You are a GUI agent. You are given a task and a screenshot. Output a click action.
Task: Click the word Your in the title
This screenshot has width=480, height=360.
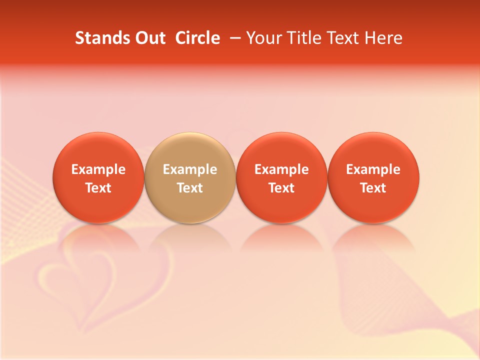263,38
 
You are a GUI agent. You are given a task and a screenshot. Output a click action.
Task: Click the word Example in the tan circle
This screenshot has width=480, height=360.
190,169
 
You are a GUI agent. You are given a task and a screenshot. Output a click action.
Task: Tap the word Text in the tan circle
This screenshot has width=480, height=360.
190,188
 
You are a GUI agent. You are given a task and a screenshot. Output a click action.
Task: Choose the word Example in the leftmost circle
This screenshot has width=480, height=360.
98,169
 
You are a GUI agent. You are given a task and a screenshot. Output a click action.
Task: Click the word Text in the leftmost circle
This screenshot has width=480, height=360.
98,188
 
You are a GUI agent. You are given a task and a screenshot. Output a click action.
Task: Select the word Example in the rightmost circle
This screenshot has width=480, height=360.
373,169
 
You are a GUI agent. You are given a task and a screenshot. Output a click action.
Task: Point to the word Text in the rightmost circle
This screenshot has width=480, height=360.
373,188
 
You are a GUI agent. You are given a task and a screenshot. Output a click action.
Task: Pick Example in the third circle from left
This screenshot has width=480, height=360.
281,169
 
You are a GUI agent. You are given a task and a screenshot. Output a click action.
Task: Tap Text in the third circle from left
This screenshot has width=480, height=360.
281,188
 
